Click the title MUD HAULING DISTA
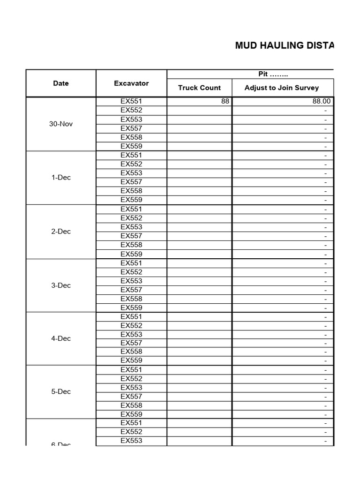[285, 45]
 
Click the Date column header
[61, 83]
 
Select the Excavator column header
[131, 83]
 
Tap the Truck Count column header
[199, 88]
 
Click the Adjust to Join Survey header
[282, 88]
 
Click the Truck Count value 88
[225, 101]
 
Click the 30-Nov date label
[61, 124]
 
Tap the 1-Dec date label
[61, 177]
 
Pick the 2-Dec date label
[61, 231]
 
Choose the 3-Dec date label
[61, 285]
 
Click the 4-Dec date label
[61, 338]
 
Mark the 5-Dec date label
[61, 391]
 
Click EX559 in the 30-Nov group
[131, 146]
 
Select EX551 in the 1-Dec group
[131, 155]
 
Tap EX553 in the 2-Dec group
[131, 227]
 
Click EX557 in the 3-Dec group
[131, 290]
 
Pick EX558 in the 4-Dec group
[131, 352]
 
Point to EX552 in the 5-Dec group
[131, 378]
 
